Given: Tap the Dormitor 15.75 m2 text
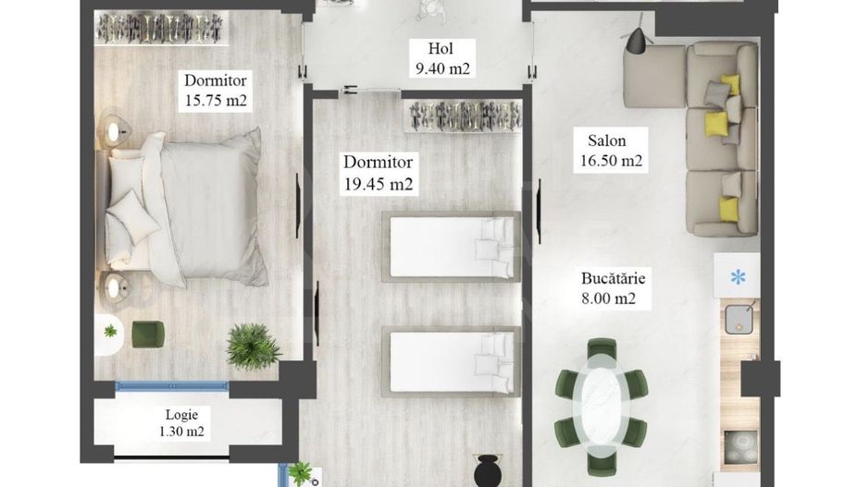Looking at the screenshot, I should [x=216, y=91].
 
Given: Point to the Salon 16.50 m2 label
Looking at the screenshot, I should [x=614, y=151].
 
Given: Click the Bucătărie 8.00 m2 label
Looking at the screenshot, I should [x=614, y=287].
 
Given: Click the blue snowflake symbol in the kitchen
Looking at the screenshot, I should [x=738, y=276].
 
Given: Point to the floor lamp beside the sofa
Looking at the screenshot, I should [x=638, y=41].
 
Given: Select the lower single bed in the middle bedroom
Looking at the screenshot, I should [x=449, y=360].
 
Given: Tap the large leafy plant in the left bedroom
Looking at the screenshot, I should [x=253, y=346].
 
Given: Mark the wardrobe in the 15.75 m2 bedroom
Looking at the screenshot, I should [x=163, y=29].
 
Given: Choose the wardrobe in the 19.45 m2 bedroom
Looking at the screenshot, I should [x=461, y=117].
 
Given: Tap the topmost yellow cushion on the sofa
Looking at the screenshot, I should [x=730, y=84].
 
